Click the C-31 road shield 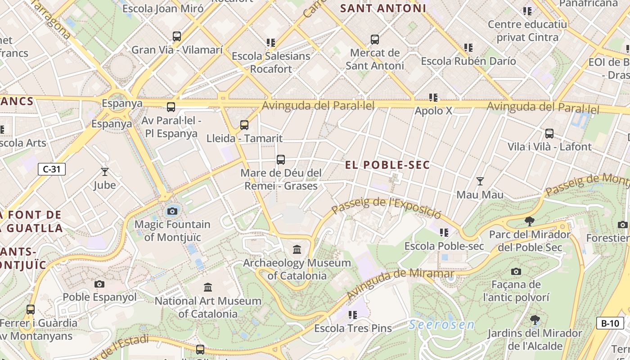[52, 169]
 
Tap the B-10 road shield [610, 323]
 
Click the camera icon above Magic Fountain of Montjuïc [172, 211]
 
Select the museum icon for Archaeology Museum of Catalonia [297, 249]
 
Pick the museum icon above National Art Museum [207, 287]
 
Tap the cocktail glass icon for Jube [105, 171]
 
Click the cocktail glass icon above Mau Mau [480, 181]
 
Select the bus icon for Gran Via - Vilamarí [177, 36]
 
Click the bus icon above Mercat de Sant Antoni [375, 40]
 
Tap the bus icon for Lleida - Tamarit [244, 125]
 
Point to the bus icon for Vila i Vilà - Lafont [549, 134]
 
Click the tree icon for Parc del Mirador [530, 221]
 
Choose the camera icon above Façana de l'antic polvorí [516, 271]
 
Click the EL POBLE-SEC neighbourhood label [387, 165]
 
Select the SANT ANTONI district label [383, 9]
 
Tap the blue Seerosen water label [441, 324]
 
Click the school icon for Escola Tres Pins [352, 315]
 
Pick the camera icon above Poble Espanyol [99, 284]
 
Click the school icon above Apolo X [433, 97]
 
